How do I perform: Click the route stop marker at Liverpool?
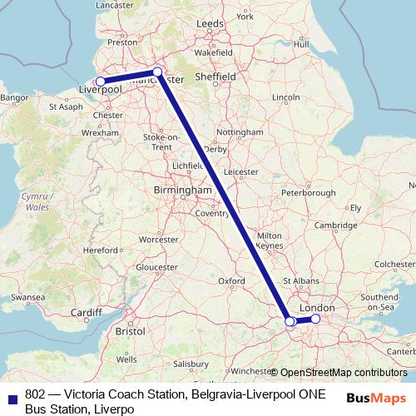coord(101,82)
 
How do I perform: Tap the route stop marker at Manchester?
coord(157,72)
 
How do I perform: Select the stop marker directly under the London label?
coord(315,319)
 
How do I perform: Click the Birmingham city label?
coord(183,191)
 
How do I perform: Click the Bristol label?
coord(131,330)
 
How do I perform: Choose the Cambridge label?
coord(335,225)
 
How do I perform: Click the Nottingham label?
coord(239,133)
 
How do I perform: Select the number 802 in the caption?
coord(36,394)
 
